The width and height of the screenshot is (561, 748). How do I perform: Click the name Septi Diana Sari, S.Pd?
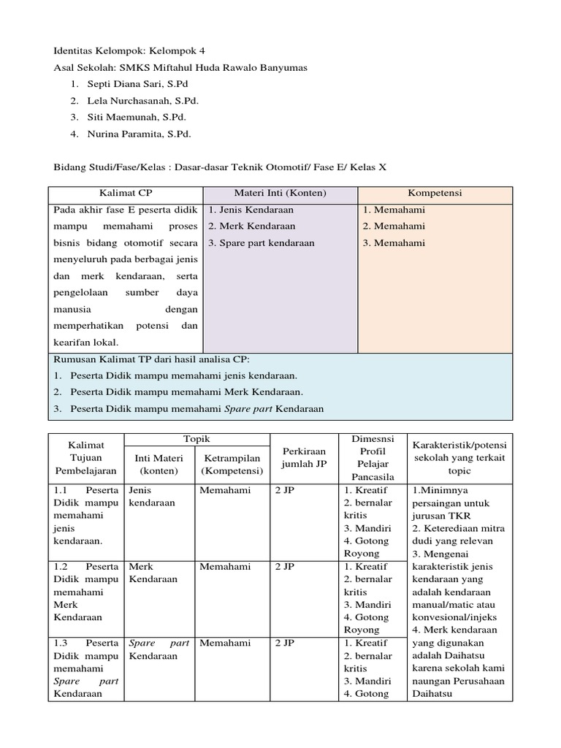tap(137, 84)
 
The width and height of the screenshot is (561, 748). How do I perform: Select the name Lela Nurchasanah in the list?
tap(142, 101)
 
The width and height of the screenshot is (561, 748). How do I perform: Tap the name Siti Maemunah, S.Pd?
tap(137, 117)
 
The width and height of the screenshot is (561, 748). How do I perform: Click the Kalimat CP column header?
tap(125, 194)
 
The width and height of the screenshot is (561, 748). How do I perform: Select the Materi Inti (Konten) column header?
tap(280, 194)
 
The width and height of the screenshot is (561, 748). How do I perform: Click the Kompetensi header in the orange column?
tap(435, 194)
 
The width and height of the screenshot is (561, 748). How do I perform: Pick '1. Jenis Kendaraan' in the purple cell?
tap(251, 210)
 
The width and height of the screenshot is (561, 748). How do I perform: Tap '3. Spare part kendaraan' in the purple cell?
tap(262, 243)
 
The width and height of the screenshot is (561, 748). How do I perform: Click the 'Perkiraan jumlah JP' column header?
tap(302, 458)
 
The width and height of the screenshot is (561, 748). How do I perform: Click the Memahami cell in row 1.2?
tap(225, 567)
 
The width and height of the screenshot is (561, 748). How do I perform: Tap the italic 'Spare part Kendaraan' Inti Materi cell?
tap(159, 649)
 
